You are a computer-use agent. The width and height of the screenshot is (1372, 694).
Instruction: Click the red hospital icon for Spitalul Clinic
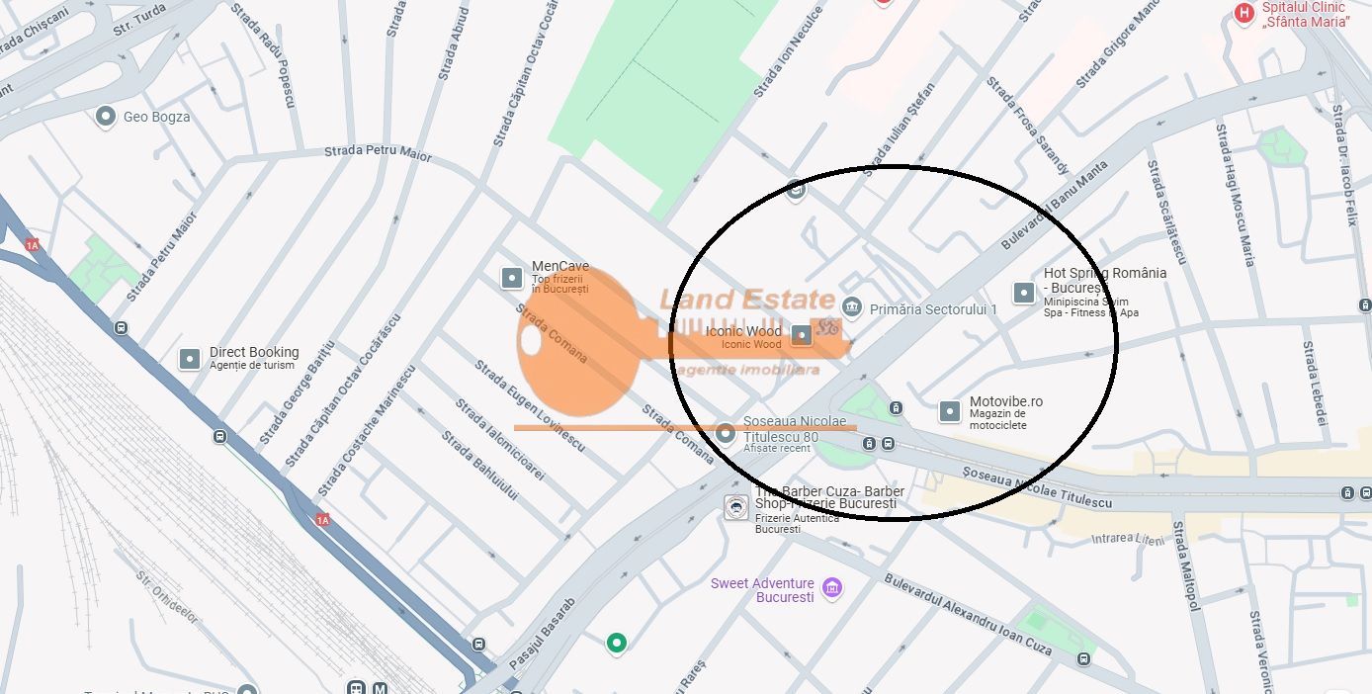click(x=1244, y=13)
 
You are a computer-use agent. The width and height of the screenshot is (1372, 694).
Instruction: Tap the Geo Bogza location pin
click(x=106, y=117)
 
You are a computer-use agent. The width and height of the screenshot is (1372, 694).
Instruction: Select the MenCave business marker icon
click(x=512, y=278)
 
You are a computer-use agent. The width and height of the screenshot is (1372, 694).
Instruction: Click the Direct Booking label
click(x=253, y=352)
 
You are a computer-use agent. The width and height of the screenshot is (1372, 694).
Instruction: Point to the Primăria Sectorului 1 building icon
click(x=852, y=308)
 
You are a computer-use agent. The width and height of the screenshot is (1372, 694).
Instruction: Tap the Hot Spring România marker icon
click(x=1024, y=293)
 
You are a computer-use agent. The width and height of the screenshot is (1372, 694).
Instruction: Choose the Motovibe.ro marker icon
click(x=950, y=411)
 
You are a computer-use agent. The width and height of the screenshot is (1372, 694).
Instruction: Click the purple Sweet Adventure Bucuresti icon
click(x=832, y=589)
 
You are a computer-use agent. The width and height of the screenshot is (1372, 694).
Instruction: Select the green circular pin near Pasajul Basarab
click(x=617, y=644)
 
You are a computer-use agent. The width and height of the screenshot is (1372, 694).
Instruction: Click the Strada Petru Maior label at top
click(x=379, y=152)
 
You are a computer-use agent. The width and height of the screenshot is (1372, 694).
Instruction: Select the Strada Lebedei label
click(x=1315, y=384)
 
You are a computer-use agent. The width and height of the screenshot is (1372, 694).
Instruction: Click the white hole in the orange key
click(x=531, y=340)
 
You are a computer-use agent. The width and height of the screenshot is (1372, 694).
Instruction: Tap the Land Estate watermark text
click(x=747, y=300)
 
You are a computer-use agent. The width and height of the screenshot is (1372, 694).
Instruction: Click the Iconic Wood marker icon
click(x=803, y=336)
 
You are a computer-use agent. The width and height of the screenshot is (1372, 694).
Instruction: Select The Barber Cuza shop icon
click(x=735, y=508)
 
